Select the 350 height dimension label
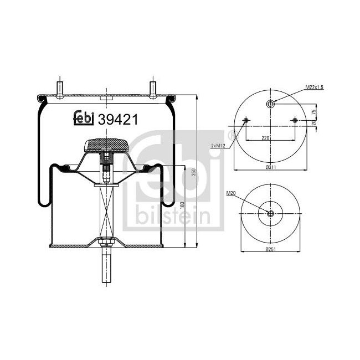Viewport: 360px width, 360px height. (x=193, y=173)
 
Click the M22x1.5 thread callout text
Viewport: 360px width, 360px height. (x=313, y=88)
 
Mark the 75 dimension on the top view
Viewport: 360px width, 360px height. (x=313, y=112)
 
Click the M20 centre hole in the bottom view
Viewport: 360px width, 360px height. (x=271, y=214)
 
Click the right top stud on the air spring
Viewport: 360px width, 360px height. (x=151, y=89)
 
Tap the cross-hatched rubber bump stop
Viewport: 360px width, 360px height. (x=105, y=146)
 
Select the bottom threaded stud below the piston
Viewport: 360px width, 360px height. (x=105, y=268)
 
